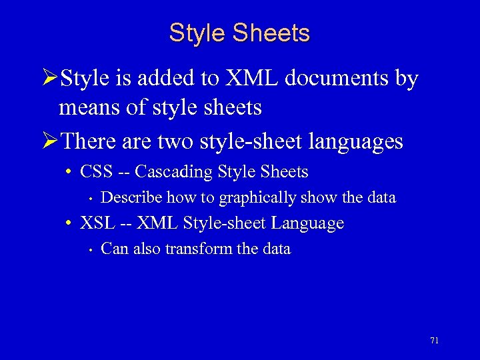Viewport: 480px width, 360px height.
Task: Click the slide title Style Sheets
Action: pos(239,33)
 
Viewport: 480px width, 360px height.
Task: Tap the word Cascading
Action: pos(173,172)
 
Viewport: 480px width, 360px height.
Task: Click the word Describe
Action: pos(131,197)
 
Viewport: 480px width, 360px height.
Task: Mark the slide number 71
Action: pos(434,341)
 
